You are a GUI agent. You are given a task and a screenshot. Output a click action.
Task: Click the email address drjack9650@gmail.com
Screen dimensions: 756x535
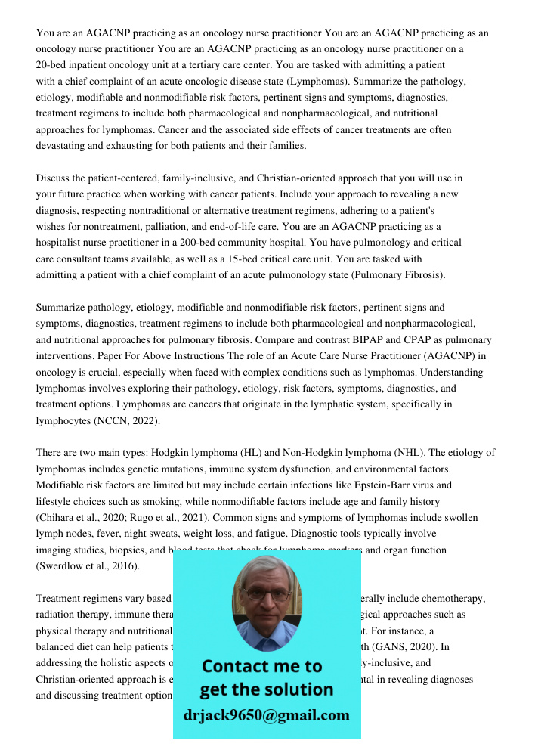[x=266, y=715]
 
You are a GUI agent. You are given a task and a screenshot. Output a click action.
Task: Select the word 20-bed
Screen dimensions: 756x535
[x=53, y=66]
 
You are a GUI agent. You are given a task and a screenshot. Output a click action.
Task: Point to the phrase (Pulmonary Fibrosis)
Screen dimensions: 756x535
[x=398, y=274]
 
